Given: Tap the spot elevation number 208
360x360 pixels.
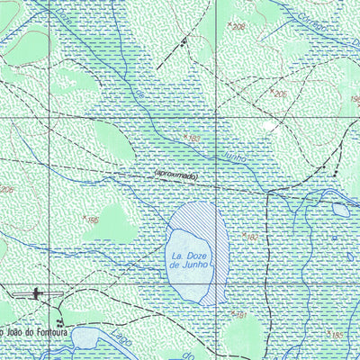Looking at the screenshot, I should (x=238, y=28).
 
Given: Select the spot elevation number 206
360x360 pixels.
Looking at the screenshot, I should (x=280, y=94).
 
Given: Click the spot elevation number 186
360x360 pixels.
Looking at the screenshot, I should (x=93, y=220).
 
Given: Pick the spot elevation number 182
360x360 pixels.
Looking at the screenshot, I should (x=252, y=237).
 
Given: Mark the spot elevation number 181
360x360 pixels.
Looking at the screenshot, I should (x=240, y=316).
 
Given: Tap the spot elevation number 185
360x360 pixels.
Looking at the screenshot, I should (x=337, y=335).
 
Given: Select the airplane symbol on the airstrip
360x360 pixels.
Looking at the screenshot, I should (x=35, y=292).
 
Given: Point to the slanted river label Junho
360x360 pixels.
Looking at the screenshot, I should (x=233, y=155).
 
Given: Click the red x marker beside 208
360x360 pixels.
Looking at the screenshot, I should (x=229, y=24).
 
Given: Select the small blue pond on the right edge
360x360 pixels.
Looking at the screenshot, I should (x=340, y=209).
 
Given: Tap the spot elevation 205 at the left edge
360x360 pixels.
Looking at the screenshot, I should (x=6, y=190).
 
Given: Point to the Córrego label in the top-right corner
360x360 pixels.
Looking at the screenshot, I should (x=314, y=13).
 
